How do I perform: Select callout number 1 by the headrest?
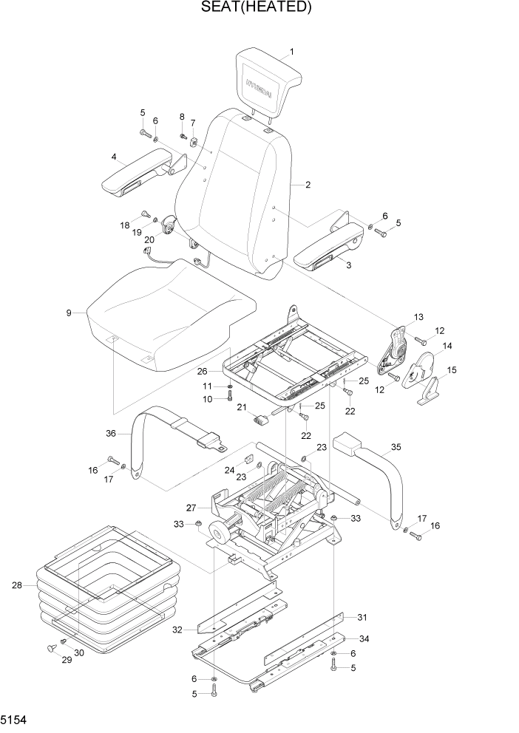[291, 52]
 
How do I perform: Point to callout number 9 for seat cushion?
[69, 313]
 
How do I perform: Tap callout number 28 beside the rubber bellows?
[16, 586]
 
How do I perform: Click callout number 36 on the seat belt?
[112, 434]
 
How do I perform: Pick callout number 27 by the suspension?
[191, 508]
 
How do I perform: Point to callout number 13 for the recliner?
[418, 317]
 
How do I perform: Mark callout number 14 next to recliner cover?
[447, 345]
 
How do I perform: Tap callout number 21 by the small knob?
[241, 407]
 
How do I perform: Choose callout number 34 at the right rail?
[363, 638]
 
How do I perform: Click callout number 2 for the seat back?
[307, 185]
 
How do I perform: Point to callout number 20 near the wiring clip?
[149, 239]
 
